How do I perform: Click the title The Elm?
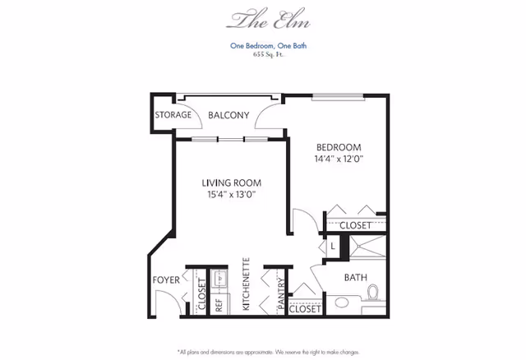pyautogui.click(x=269, y=19)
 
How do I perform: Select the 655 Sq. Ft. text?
pyautogui.click(x=269, y=55)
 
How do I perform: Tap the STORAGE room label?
pyautogui.click(x=173, y=115)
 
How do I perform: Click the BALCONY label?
pyautogui.click(x=228, y=115)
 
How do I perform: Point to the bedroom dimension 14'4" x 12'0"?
pyautogui.click(x=339, y=159)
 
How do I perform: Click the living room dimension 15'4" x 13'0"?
pyautogui.click(x=232, y=194)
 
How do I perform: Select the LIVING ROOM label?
pyautogui.click(x=232, y=182)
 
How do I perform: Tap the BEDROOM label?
pyautogui.click(x=339, y=147)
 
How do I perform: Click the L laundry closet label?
pyautogui.click(x=333, y=247)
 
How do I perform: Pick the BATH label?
pyautogui.click(x=356, y=278)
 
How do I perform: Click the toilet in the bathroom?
pyautogui.click(x=372, y=293)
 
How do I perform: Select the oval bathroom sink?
pyautogui.click(x=342, y=302)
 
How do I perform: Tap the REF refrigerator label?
pyautogui.click(x=219, y=305)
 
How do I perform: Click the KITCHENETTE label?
pyautogui.click(x=247, y=284)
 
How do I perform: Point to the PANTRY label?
pyautogui.click(x=281, y=293)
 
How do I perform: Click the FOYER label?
pyautogui.click(x=166, y=279)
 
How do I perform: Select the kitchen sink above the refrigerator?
pyautogui.click(x=219, y=279)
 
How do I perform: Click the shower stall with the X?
pyautogui.click(x=367, y=247)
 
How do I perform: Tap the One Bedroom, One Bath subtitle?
pyautogui.click(x=269, y=46)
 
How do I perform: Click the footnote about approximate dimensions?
pyautogui.click(x=269, y=353)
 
